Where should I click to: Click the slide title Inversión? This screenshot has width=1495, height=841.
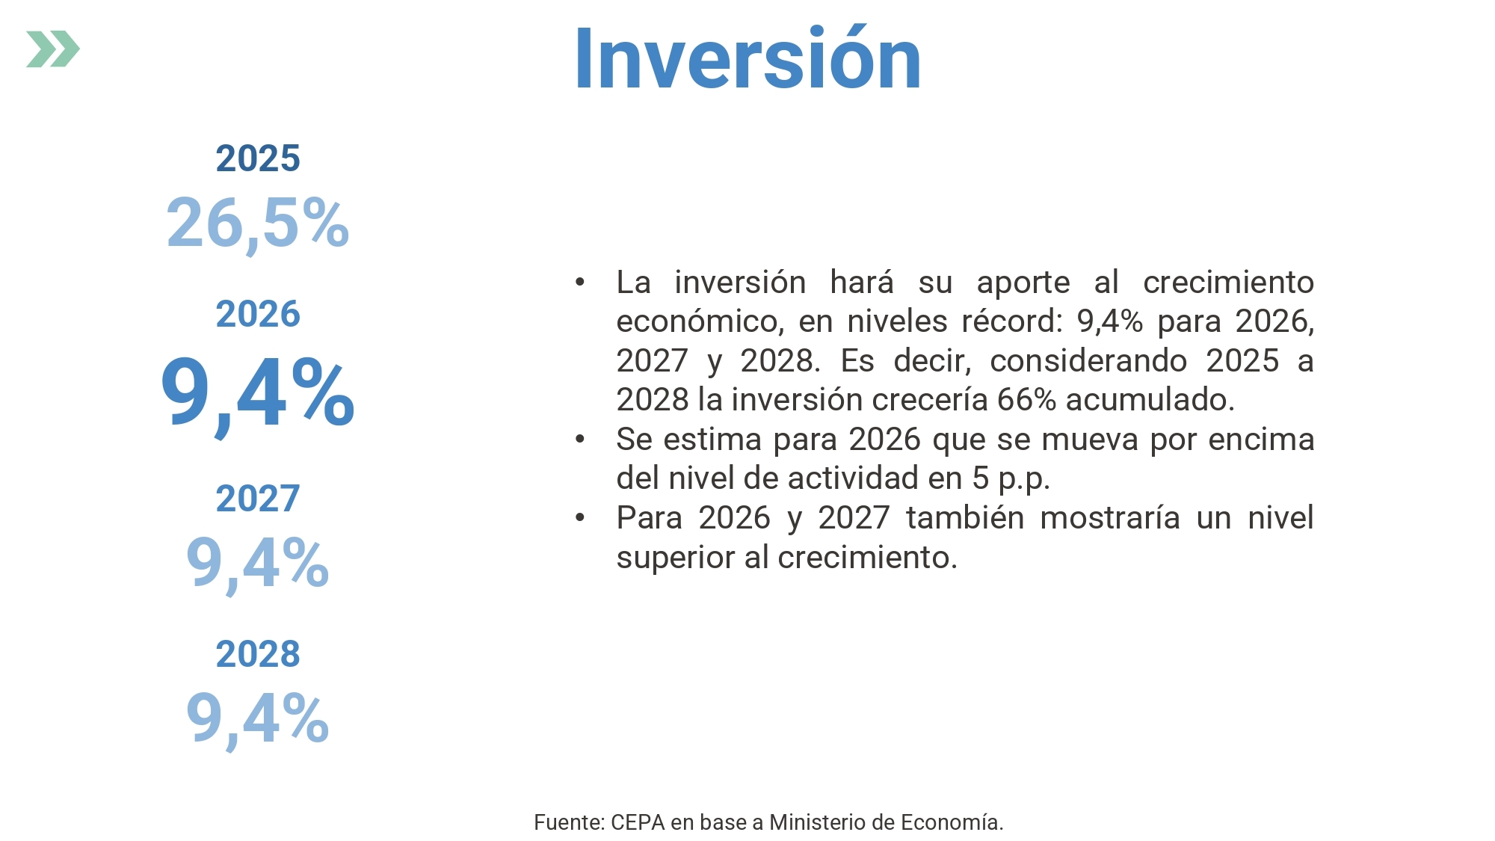click(x=747, y=58)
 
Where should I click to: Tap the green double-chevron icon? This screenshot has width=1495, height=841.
click(x=53, y=49)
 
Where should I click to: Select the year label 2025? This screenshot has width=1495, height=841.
click(x=258, y=158)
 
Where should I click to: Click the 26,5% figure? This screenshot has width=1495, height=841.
click(x=258, y=223)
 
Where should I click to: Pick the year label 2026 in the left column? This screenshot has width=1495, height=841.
click(x=258, y=314)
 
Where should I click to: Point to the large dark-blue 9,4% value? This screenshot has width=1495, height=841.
click(x=258, y=394)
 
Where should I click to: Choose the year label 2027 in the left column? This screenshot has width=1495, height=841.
click(x=258, y=499)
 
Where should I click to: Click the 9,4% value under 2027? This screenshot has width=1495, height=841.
click(x=258, y=564)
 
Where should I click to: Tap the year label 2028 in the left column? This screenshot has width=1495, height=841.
click(x=258, y=654)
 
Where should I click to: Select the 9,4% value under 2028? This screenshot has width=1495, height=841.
click(x=258, y=719)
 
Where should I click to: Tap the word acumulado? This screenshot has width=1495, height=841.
click(x=1150, y=400)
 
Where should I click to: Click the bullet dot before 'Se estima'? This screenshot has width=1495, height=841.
click(x=580, y=439)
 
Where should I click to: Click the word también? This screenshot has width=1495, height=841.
click(x=965, y=517)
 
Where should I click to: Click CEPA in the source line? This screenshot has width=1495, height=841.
click(x=638, y=822)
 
